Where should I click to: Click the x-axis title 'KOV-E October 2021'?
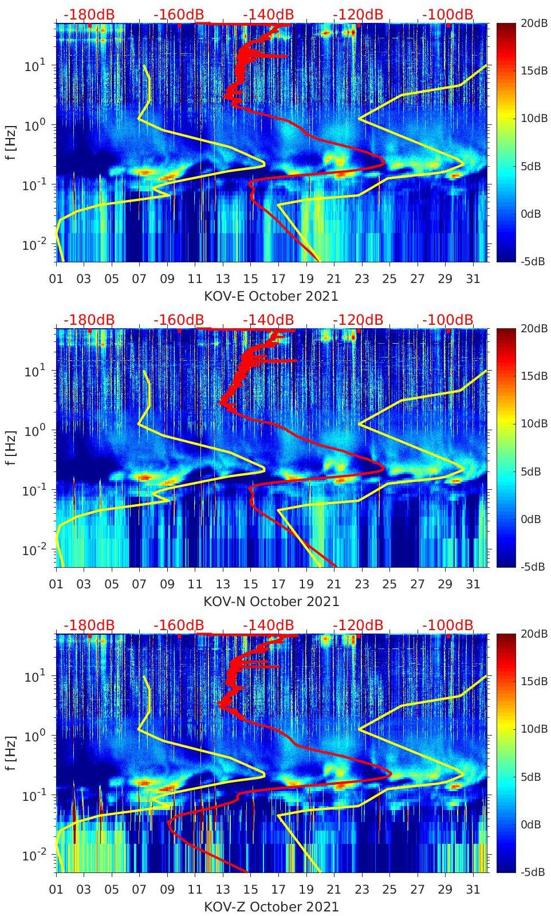point(271,296)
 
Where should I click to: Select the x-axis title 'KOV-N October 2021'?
point(271,602)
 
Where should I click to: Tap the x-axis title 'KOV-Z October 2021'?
point(271,907)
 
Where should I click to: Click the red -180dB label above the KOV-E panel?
point(89,14)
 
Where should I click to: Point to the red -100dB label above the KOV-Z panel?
point(448,625)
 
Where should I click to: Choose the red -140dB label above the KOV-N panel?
point(268,320)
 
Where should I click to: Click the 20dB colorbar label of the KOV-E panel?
point(533,23)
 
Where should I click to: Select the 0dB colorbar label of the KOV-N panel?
point(530,519)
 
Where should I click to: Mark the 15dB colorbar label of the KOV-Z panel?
point(533,681)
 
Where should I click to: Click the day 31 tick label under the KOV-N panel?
point(473,584)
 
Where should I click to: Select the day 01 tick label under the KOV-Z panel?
point(56,890)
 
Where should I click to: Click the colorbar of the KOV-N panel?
point(505,447)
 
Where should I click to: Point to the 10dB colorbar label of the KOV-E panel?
point(533,119)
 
